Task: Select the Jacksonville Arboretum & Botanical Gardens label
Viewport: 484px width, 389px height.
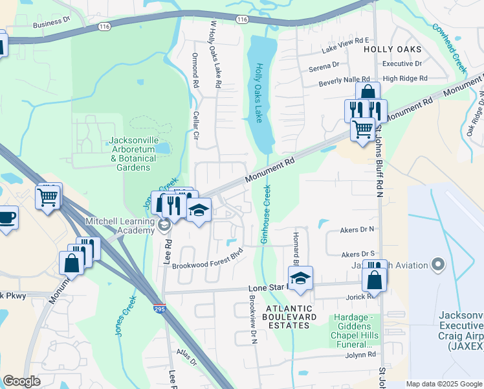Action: (133, 154)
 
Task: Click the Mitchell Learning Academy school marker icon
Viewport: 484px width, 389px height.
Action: (164, 225)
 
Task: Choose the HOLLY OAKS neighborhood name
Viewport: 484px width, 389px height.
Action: (392, 49)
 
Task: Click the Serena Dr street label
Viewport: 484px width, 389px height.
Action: (324, 65)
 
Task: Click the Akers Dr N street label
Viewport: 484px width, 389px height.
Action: (357, 230)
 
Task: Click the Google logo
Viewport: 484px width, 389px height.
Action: (21, 381)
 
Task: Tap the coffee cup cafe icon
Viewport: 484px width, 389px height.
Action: (7, 217)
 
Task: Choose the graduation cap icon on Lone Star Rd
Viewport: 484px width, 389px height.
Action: (300, 279)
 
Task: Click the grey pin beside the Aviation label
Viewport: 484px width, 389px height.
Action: (438, 265)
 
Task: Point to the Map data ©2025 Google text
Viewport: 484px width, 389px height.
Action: (443, 384)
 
